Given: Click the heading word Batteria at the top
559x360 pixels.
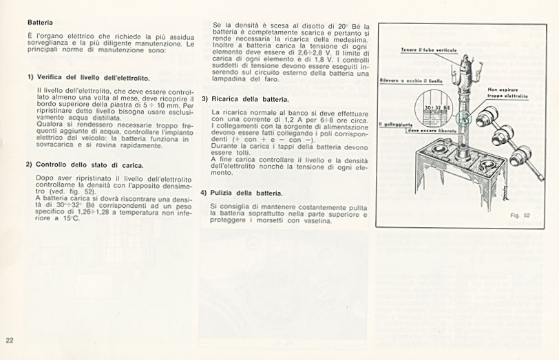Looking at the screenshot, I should pos(40,23).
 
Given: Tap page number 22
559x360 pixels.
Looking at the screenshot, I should pos(10,340).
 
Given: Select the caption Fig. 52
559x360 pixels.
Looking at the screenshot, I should pos(520,215).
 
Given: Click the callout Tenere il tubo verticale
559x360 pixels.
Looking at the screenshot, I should pos(429,50).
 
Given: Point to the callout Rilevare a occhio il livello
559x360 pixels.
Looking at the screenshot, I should pos(411,81).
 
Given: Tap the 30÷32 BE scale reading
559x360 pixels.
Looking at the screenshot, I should pos(438,108).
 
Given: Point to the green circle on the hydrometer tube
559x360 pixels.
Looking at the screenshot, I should pos(464,118).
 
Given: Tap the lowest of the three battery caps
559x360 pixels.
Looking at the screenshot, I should pos(520,156).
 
